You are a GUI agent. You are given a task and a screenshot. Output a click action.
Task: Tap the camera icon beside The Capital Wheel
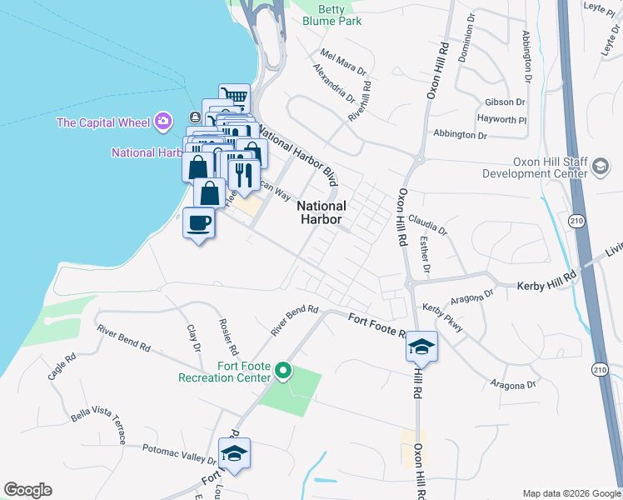[163, 122]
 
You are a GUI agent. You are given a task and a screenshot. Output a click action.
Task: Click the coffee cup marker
[199, 222]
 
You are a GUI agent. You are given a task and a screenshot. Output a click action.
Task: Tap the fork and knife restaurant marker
[243, 174]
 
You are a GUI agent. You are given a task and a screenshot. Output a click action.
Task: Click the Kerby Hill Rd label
[546, 286]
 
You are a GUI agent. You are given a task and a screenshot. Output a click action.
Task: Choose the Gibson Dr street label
[504, 102]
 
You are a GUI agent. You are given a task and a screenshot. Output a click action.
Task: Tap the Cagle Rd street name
[62, 367]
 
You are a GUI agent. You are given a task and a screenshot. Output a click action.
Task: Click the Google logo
[27, 490]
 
